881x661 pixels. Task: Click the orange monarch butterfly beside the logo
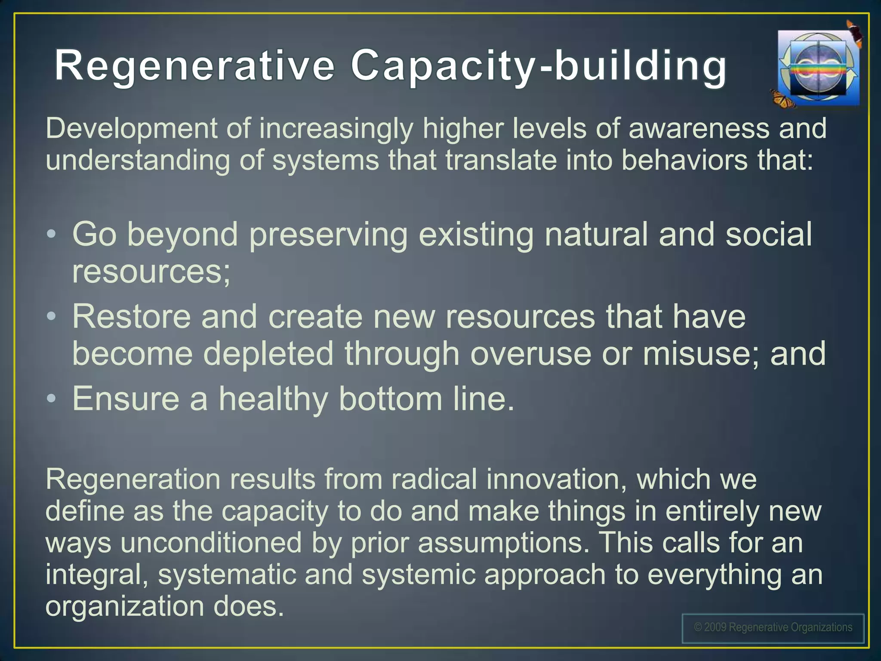click(782, 99)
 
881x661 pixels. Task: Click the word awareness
click(699, 129)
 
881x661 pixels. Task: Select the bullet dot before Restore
click(52, 317)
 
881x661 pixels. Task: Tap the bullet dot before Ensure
click(52, 399)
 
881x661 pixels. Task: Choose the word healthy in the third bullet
click(273, 399)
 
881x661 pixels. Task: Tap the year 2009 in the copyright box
click(715, 627)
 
